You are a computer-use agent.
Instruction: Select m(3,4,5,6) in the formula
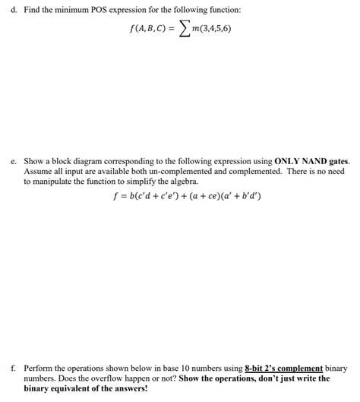click(x=223, y=31)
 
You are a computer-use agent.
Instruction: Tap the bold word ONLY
click(x=289, y=162)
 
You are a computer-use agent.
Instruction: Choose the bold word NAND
click(x=321, y=162)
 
